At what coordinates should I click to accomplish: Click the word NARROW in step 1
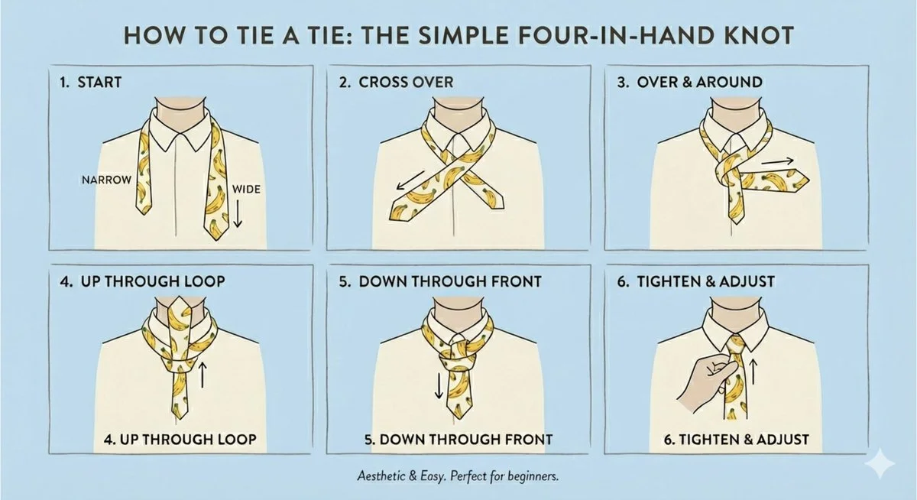pyautogui.click(x=105, y=180)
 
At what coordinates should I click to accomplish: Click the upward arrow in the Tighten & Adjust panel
pyautogui.click(x=753, y=372)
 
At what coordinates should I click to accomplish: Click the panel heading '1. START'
pyautogui.click(x=89, y=82)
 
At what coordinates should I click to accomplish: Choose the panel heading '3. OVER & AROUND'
pyautogui.click(x=689, y=82)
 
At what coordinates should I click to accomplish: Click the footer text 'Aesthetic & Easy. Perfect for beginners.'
pyautogui.click(x=458, y=476)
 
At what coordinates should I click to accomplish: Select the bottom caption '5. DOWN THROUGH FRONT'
pyautogui.click(x=457, y=440)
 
